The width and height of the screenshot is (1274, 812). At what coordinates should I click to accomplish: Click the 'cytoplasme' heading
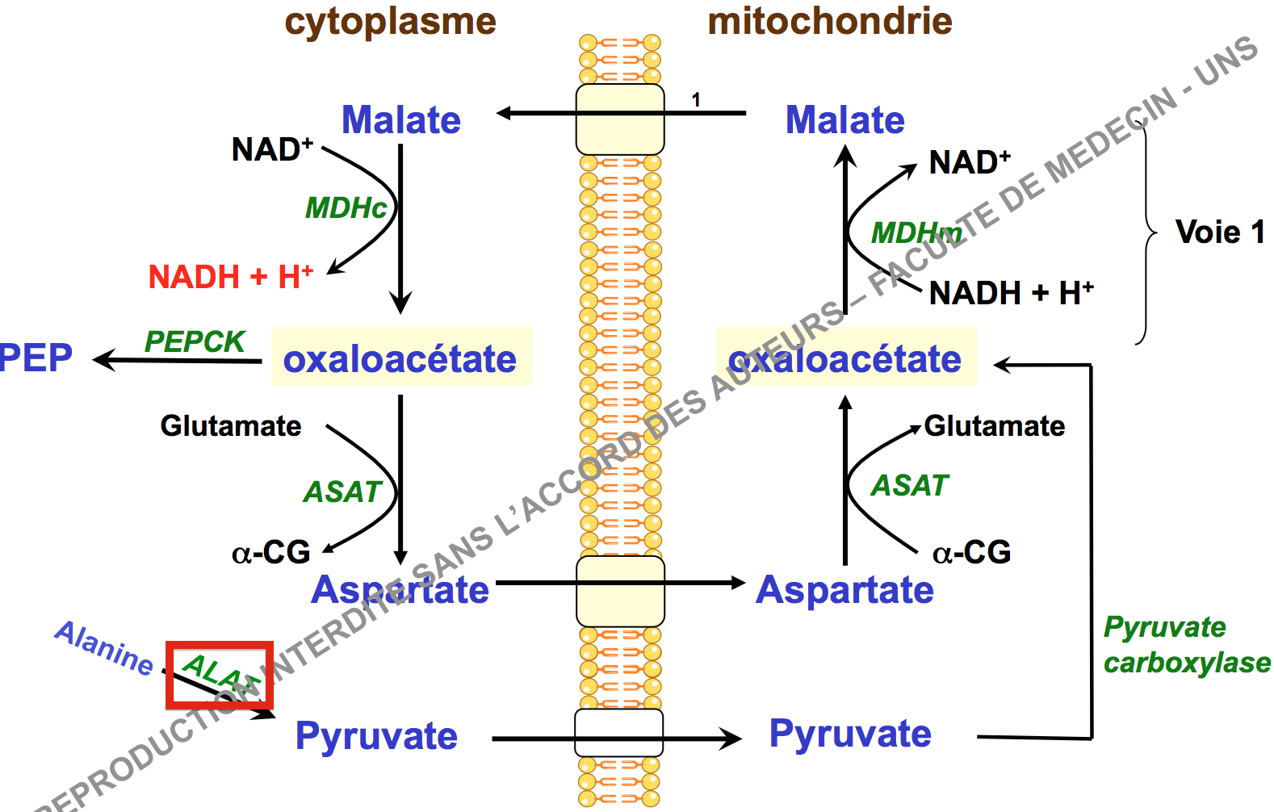390,22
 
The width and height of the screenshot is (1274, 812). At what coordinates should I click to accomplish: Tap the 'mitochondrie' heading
829,22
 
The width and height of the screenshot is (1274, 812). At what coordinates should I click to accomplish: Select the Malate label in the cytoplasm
400,120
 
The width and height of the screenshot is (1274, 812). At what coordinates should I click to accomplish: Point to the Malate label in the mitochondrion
844,120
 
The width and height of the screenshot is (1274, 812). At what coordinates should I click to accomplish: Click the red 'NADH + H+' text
230,277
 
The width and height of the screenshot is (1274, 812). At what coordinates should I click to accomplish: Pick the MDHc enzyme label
346,208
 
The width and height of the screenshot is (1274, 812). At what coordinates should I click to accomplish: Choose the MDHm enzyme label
916,233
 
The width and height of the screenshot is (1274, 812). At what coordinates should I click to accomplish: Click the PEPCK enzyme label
194,341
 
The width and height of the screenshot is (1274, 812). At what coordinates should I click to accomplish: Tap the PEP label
36,358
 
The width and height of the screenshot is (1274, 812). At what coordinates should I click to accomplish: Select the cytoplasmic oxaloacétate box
400,358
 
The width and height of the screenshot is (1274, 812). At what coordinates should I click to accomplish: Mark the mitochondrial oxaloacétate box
845,358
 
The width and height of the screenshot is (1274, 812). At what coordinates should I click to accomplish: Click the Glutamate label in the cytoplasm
231,425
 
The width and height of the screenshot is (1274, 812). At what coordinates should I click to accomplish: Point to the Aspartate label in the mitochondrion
844,590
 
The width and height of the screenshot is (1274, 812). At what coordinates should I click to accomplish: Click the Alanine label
104,647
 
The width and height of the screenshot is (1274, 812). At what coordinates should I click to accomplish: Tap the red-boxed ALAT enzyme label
219,675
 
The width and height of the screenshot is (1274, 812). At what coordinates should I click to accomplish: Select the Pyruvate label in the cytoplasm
376,736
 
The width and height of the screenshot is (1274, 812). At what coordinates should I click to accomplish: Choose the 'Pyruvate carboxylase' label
1186,644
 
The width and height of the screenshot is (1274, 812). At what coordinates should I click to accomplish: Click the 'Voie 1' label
1219,232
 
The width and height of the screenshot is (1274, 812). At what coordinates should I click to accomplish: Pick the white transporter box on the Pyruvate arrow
618,733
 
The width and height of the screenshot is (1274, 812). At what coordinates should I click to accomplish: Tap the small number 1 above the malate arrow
696,99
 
